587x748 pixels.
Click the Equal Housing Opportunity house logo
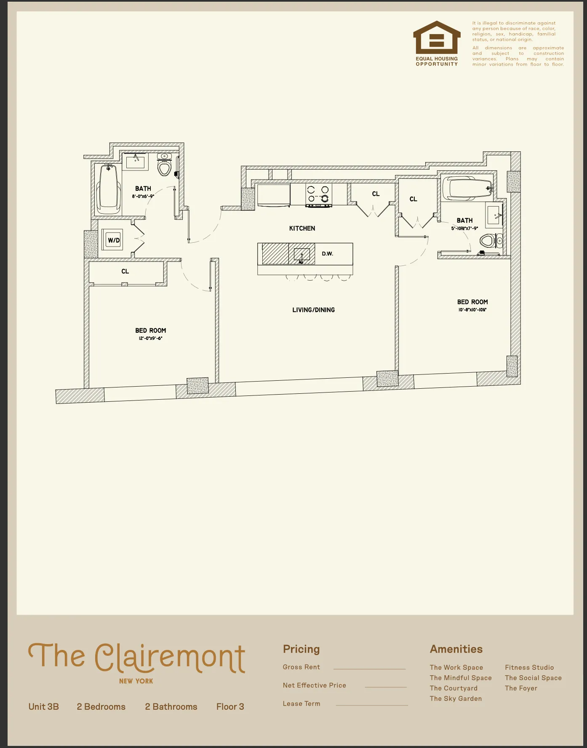pos(437,38)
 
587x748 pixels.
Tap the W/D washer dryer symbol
pos(113,240)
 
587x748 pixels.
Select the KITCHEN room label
pos(302,228)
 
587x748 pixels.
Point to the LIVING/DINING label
pos(313,310)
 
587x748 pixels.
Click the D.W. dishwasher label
pos(327,254)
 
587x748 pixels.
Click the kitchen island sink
pos(302,255)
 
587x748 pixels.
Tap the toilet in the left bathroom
pos(164,165)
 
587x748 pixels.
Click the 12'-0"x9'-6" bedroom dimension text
pos(150,338)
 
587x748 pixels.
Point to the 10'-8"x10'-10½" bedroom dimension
pos(472,310)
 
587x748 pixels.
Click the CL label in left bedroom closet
pos(125,271)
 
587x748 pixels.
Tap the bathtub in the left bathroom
pos(109,189)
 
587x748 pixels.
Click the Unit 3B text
pos(44,707)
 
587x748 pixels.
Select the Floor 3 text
pos(230,707)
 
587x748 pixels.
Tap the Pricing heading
pos(301,649)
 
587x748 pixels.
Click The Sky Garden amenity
pos(456,699)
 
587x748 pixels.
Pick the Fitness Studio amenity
pos(529,668)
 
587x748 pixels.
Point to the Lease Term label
pos(302,704)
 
